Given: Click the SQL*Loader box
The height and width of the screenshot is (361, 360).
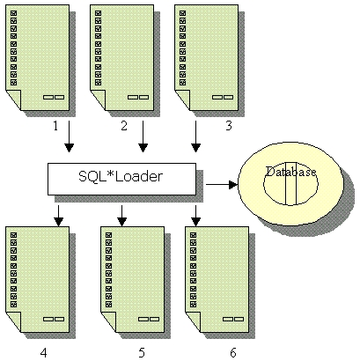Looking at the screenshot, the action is click(121, 179).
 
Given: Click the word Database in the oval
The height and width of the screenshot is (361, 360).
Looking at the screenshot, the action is click(290, 172).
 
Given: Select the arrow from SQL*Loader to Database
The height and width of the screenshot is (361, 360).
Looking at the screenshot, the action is click(222, 185).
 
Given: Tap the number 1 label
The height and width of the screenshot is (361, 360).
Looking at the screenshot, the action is click(55, 126).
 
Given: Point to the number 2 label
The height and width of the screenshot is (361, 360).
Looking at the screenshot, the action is click(124, 126).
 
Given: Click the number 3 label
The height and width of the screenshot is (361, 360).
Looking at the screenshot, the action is click(229, 126).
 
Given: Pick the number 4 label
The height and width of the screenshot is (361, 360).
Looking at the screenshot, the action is click(43, 352).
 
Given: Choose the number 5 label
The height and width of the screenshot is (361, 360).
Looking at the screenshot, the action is click(142, 352).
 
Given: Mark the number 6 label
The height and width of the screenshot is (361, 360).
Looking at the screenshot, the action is click(233, 352).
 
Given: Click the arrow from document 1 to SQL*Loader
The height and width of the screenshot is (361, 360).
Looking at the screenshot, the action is click(69, 136).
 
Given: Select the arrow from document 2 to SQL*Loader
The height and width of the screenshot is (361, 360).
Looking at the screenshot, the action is click(143, 136).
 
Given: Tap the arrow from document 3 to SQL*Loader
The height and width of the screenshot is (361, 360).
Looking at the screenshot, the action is click(195, 136).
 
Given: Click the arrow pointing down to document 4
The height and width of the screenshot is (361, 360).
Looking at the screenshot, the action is click(59, 216).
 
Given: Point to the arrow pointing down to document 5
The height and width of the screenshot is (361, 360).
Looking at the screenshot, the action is click(122, 216).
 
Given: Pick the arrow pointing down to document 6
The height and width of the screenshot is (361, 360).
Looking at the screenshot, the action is click(195, 216).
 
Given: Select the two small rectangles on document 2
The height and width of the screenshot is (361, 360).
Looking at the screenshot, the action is click(138, 97).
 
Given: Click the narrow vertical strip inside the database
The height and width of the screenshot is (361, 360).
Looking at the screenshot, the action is click(290, 183).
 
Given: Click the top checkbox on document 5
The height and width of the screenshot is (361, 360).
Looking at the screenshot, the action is click(108, 235).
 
